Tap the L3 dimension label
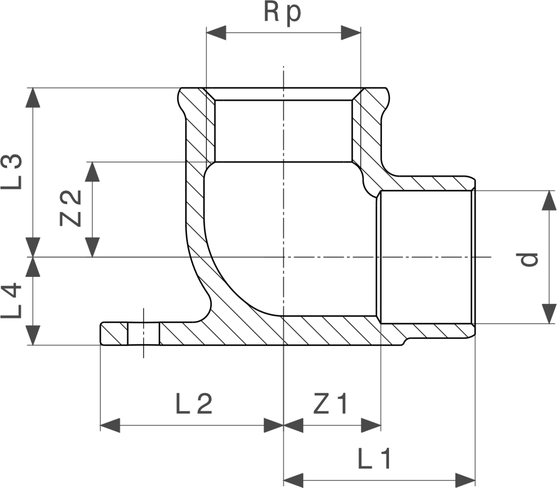[x=11, y=171]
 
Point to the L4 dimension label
[x=11, y=300]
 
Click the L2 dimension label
[x=194, y=404]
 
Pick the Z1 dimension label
[x=330, y=404]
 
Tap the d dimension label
[x=527, y=260]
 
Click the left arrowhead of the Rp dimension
[x=216, y=33]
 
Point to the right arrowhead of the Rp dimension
[x=351, y=33]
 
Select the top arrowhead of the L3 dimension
[x=33, y=98]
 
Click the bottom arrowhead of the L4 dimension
[x=33, y=335]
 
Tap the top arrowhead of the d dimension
[x=549, y=200]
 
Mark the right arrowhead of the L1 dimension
[x=465, y=481]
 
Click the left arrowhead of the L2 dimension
[x=110, y=425]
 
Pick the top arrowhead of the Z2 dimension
[x=92, y=171]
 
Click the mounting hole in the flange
[x=144, y=333]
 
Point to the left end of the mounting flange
[x=101, y=333]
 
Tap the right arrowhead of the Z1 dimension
[x=371, y=425]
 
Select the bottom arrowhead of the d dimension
[x=549, y=314]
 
